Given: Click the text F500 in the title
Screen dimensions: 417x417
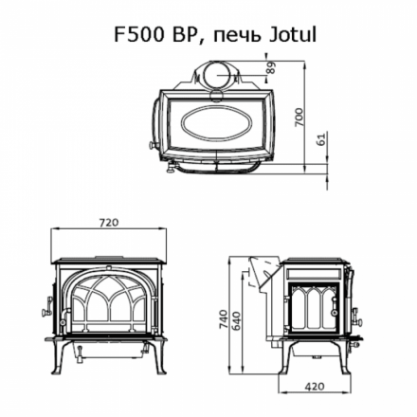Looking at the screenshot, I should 136,36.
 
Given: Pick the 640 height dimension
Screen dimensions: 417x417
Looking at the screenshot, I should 236,320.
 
